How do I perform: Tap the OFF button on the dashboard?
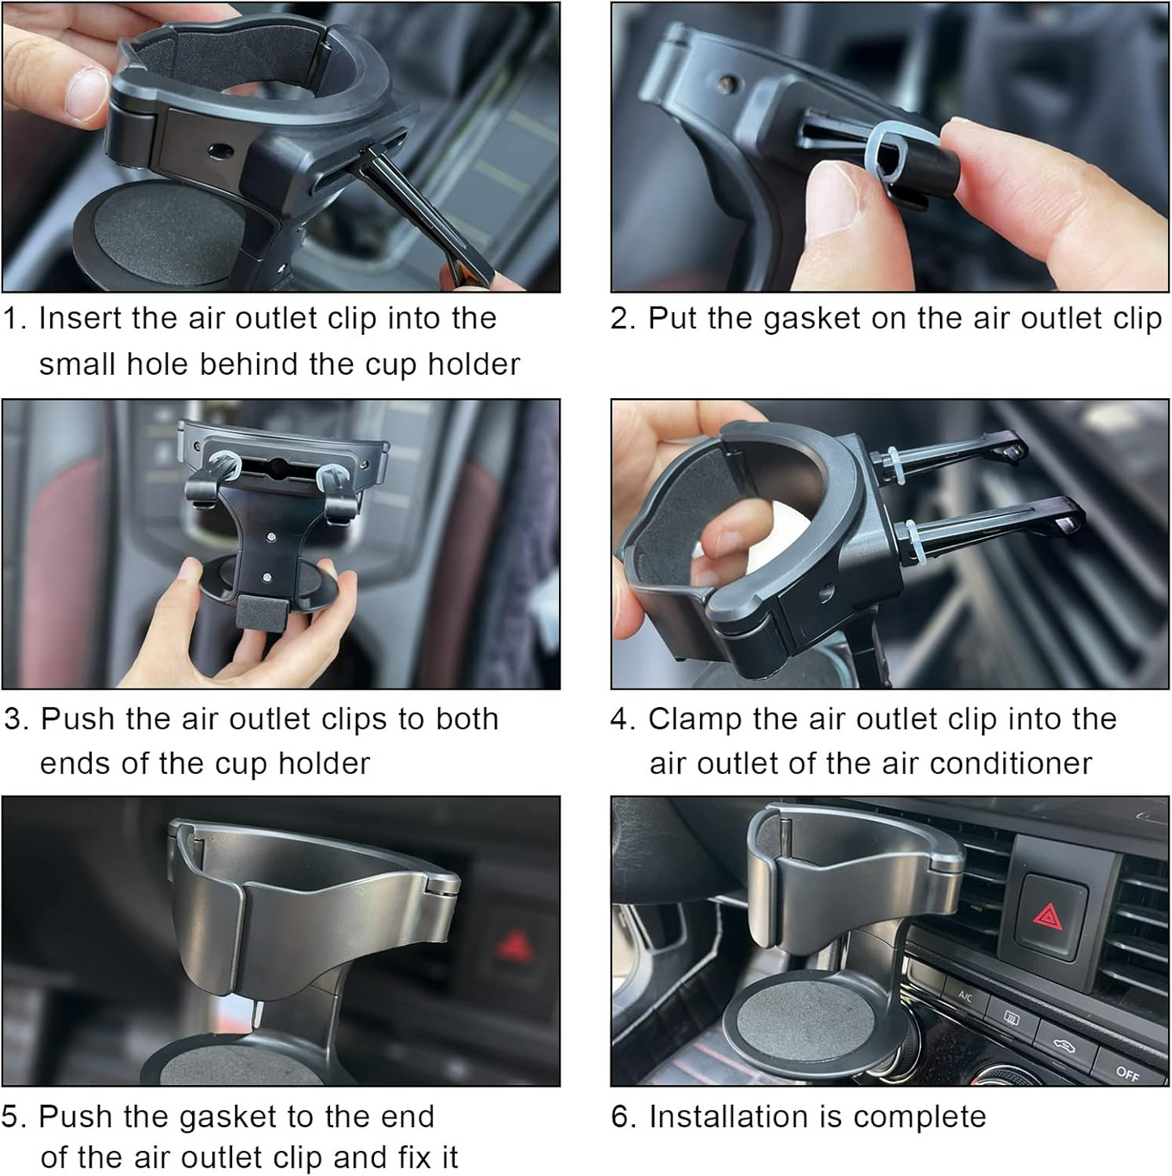1127,1073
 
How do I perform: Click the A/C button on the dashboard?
965,997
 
